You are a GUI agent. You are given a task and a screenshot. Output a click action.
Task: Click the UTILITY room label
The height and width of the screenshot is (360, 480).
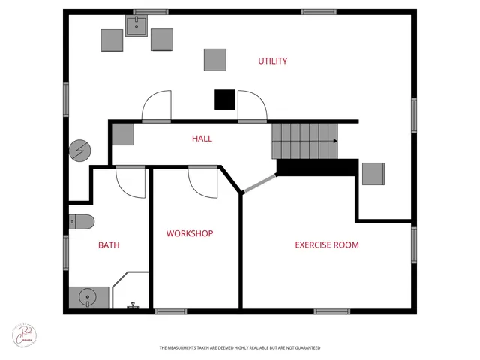click(273, 61)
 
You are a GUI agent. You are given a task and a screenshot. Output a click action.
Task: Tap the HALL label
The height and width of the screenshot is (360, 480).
click(202, 139)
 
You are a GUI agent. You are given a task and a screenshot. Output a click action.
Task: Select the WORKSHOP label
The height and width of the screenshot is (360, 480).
click(190, 233)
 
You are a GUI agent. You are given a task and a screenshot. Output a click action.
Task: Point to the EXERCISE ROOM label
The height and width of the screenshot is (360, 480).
click(326, 244)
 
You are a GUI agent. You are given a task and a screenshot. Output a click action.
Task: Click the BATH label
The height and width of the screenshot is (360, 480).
click(109, 244)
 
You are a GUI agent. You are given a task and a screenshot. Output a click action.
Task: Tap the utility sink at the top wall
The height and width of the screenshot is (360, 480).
click(136, 27)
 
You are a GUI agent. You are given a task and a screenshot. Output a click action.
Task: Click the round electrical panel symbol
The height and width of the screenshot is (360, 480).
click(78, 150)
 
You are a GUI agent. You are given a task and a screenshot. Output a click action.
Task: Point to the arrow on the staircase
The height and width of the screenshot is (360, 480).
click(334, 141)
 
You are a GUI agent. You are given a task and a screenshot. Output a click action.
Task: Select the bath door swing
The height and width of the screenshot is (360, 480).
click(130, 181)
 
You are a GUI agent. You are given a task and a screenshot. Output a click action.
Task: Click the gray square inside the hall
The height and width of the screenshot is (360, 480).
click(123, 134)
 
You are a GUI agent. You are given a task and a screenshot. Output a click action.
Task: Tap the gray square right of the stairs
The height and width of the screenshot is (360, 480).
click(373, 173)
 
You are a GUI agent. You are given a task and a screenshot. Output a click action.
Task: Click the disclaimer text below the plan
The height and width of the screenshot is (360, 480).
click(239, 348)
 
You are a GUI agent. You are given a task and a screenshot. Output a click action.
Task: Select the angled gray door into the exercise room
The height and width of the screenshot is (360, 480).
click(259, 184)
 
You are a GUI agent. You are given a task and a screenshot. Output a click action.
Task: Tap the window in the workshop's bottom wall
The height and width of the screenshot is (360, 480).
click(171, 310)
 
